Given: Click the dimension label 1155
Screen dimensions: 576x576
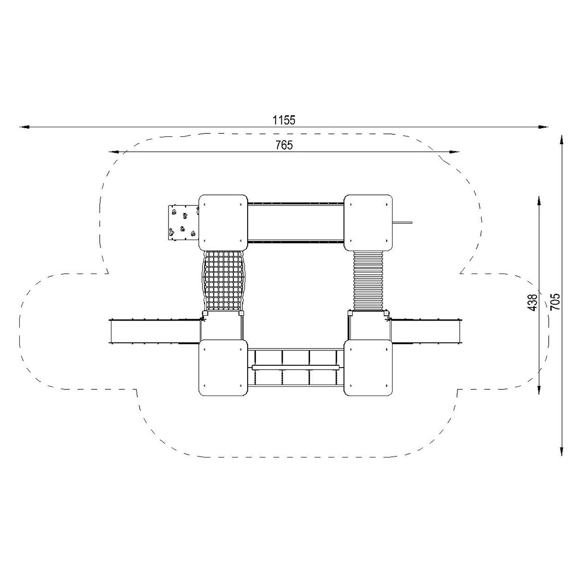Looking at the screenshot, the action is [284, 120].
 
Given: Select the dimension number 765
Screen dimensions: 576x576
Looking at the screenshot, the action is [284, 145].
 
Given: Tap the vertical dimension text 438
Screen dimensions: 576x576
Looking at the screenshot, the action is [532, 302].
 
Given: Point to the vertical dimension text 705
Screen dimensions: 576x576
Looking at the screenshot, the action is [555, 301].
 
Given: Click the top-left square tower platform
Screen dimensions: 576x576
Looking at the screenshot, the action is [223, 223].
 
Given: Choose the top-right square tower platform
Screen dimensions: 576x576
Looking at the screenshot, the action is [368, 223].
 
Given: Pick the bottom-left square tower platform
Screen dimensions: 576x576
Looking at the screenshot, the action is [223, 367].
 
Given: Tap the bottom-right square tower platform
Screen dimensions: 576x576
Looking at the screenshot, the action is [368, 367].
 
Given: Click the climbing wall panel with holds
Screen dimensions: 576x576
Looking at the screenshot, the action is [183, 222].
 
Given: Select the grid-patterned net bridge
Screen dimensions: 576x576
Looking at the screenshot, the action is [223, 281].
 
